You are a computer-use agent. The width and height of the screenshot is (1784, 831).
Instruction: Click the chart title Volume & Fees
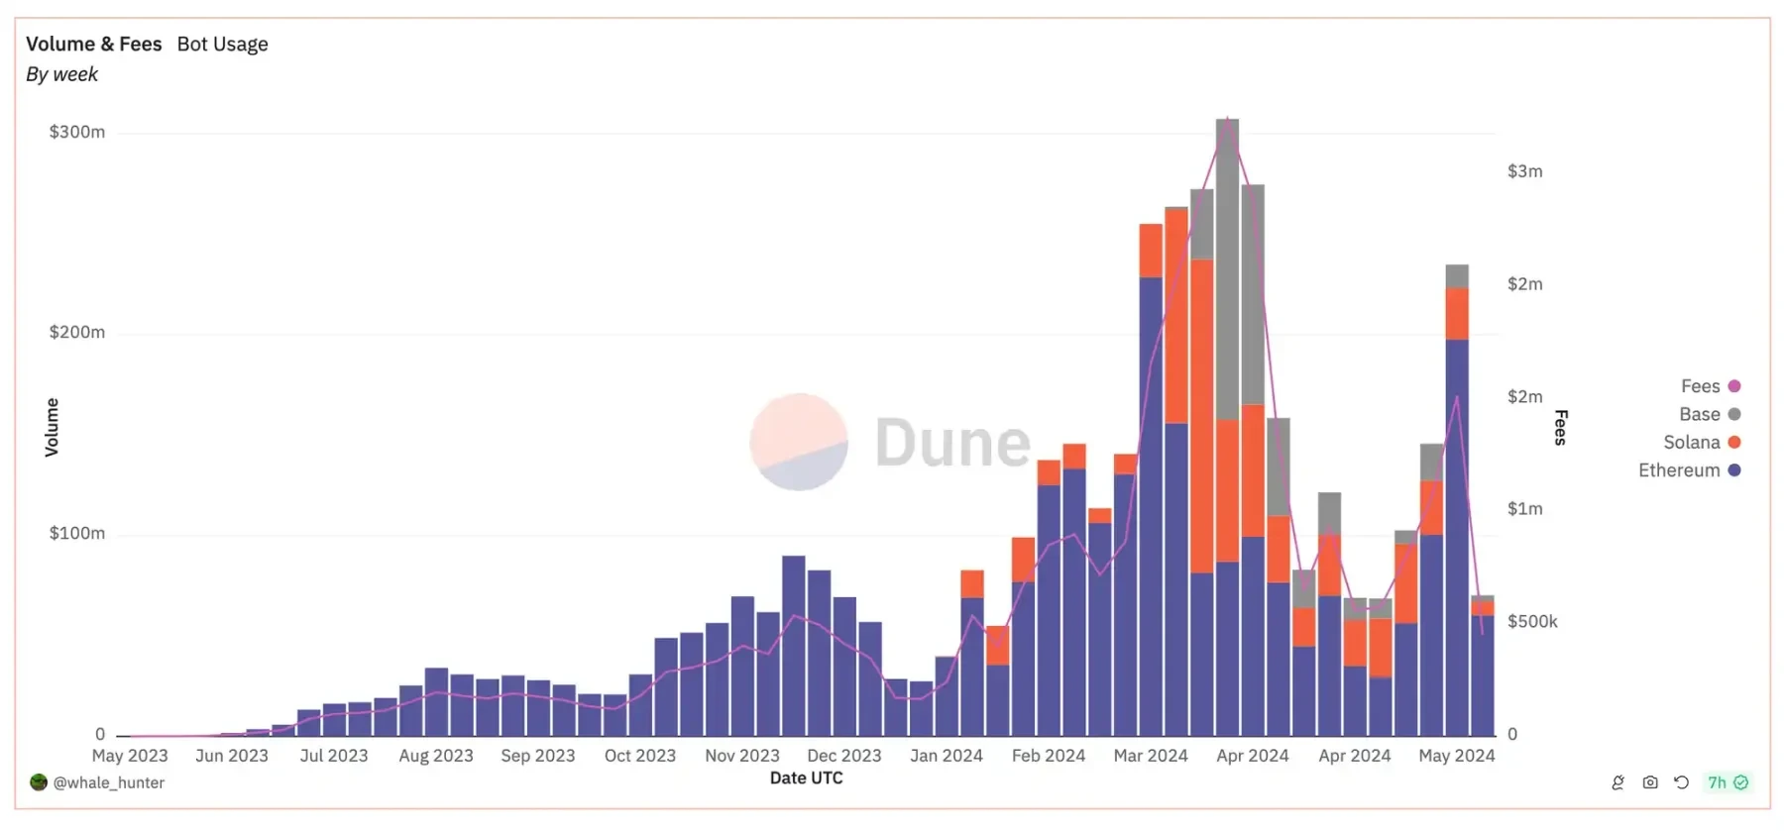[93, 44]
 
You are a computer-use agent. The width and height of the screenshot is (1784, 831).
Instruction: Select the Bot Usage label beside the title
[222, 44]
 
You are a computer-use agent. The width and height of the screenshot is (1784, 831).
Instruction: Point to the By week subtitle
[61, 74]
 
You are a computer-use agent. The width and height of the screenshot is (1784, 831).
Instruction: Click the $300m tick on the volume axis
[76, 132]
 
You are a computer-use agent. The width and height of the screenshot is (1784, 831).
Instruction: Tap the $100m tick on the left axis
[76, 533]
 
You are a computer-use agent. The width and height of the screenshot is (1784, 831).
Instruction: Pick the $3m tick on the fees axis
[1524, 171]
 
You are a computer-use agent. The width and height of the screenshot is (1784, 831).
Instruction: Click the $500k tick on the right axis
[1532, 621]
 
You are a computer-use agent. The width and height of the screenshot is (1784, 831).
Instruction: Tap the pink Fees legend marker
[1734, 386]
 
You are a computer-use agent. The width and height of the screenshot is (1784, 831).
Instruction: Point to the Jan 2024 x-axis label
[946, 756]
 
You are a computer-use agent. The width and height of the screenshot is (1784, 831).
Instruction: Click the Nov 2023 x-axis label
[741, 756]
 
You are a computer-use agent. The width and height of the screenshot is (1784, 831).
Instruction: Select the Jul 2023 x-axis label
[333, 756]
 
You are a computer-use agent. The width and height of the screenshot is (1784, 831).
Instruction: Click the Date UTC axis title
[806, 779]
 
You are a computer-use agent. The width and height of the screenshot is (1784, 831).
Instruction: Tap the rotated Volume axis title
[52, 427]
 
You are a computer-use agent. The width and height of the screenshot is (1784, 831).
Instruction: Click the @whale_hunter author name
[108, 782]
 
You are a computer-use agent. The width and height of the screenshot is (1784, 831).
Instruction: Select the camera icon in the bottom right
[1650, 782]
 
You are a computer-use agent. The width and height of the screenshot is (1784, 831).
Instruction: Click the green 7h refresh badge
[1727, 782]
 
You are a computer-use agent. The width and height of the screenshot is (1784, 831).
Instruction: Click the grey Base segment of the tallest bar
[1227, 267]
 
